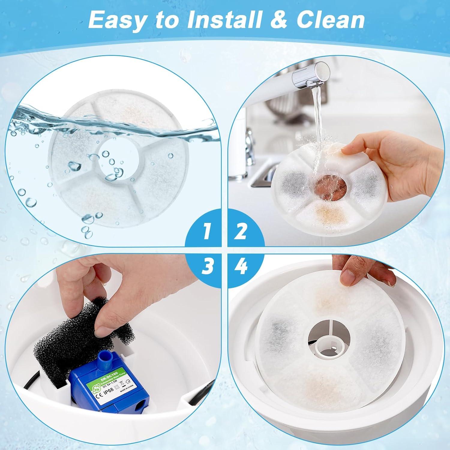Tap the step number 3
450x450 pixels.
coord(207,266)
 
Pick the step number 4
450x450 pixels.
coord(242,266)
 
